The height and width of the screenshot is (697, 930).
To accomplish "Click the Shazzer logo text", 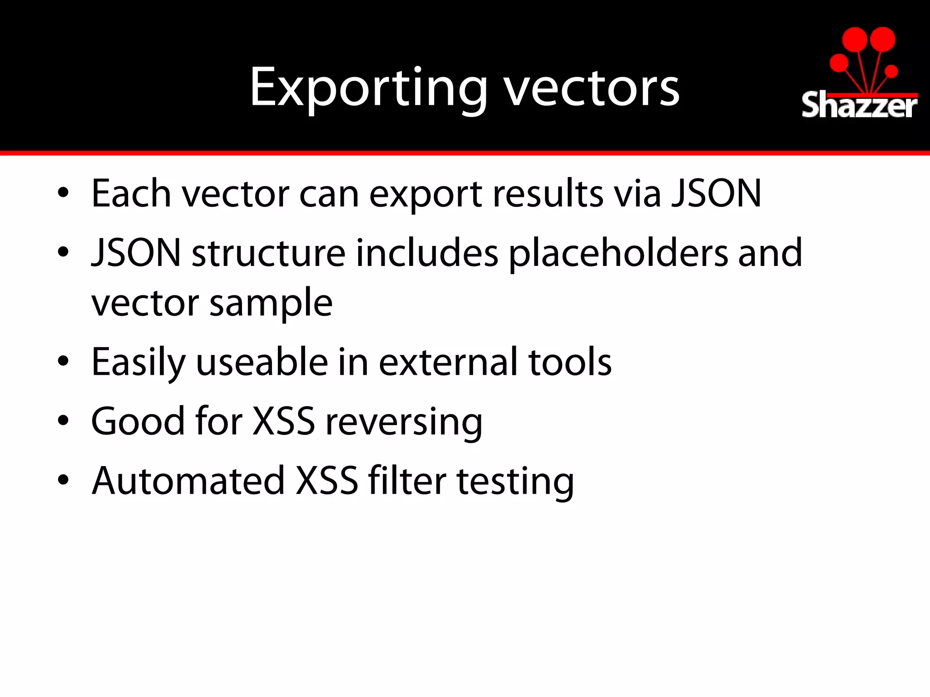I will point(859,106).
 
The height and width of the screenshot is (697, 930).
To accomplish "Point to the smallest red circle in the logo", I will point(891,71).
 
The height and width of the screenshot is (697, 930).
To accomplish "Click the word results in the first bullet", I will point(548,194).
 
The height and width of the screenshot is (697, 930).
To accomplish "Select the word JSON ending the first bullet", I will point(716,194).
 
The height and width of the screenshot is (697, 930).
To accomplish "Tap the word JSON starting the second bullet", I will point(136,253).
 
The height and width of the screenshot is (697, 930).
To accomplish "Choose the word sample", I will point(271,303).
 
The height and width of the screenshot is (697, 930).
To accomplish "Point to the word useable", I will point(262,362).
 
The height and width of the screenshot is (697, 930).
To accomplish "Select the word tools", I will point(570,362).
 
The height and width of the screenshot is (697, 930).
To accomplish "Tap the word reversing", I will point(404,422).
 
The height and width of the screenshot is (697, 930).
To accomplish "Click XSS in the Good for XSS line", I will point(283,422).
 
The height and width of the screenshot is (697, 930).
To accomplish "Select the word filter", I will point(407,481).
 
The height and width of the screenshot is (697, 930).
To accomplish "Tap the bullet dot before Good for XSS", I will point(63,421).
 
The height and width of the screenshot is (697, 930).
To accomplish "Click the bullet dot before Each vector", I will point(63,193).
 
